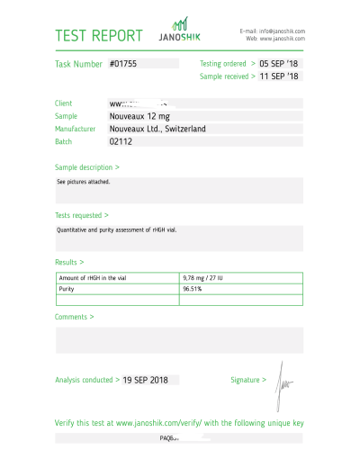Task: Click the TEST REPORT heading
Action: click(x=99, y=36)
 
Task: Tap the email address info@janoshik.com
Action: click(x=280, y=31)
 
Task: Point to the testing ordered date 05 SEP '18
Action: click(x=279, y=65)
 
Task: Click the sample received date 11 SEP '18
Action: click(x=279, y=77)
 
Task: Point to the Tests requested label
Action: click(x=82, y=216)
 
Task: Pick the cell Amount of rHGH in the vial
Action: click(x=93, y=278)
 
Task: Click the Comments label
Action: click(x=75, y=317)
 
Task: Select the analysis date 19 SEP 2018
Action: click(x=146, y=381)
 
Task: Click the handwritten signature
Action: click(x=283, y=378)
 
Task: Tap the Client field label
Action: click(x=66, y=103)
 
